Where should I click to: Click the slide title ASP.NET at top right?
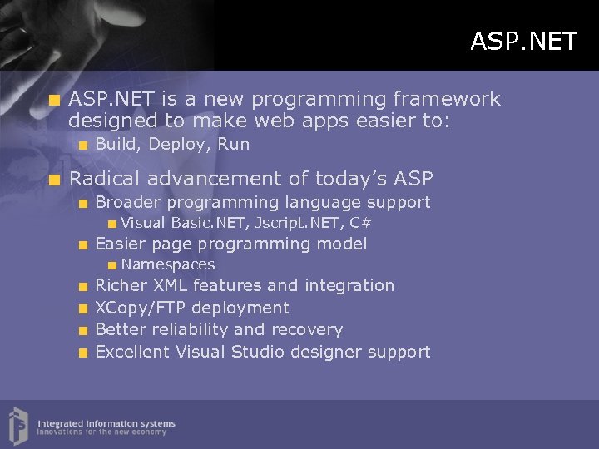pos(522,41)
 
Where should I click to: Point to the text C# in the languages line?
pos(360,223)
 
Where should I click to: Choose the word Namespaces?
pos(168,265)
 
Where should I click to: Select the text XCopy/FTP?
pos(138,308)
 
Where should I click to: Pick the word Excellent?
pos(132,352)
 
